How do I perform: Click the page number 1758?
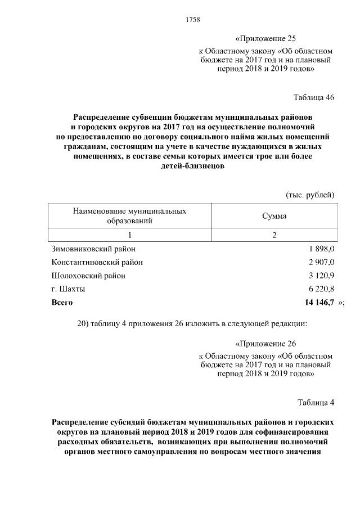(x=193, y=20)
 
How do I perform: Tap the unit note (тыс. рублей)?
(x=310, y=195)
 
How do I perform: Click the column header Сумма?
(x=274, y=216)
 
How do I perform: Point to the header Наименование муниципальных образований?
(x=130, y=215)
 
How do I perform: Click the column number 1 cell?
(x=130, y=235)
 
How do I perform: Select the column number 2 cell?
(x=274, y=235)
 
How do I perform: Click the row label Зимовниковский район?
(x=93, y=249)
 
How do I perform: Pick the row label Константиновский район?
(x=97, y=262)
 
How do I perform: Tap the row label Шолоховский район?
(x=88, y=276)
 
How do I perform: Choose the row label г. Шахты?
(x=69, y=289)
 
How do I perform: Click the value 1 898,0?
(x=321, y=249)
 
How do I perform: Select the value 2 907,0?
(x=321, y=262)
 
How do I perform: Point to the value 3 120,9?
(x=321, y=276)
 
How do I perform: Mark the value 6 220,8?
(x=321, y=289)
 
